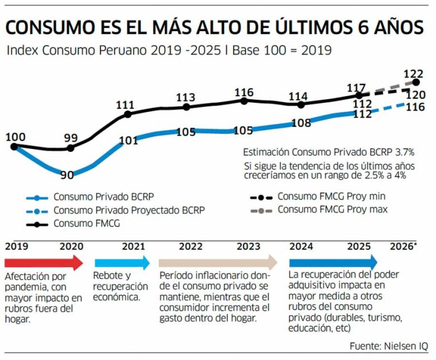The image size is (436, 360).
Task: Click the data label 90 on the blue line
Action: tap(67, 175)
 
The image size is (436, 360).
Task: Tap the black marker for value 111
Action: tap(127, 114)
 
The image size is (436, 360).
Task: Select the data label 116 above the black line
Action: tap(244, 92)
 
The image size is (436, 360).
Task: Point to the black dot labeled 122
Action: tap(416, 82)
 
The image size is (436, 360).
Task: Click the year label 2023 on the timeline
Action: tap(248, 246)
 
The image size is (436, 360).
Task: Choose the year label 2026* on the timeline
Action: tap(403, 246)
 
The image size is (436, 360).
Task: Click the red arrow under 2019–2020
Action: tap(44, 263)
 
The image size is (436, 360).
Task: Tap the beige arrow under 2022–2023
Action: tap(218, 262)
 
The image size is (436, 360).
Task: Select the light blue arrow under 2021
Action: tap(122, 263)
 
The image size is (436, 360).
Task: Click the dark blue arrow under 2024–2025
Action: tap(333, 262)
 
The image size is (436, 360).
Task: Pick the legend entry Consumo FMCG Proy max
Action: tap(319, 210)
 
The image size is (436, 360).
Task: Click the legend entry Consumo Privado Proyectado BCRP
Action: tap(115, 210)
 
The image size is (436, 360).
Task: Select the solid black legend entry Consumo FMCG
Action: tap(73, 224)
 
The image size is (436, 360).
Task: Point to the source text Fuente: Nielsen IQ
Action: tap(389, 346)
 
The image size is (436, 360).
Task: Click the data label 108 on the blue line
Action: tap(301, 123)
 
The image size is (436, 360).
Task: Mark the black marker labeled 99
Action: tap(71, 148)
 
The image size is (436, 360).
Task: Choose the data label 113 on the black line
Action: tap(186, 97)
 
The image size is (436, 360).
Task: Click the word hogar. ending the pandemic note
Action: tap(18, 319)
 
